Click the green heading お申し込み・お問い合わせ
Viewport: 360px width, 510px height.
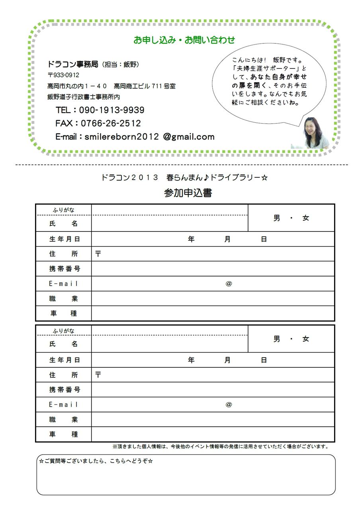[184, 40]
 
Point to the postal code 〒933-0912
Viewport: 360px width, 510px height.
[63, 75]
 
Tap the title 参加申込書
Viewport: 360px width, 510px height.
[188, 193]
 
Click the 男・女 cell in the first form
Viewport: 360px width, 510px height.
[291, 218]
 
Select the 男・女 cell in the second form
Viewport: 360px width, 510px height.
[291, 339]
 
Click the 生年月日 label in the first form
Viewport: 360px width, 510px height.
[64, 239]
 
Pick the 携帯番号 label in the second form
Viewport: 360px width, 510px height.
[64, 390]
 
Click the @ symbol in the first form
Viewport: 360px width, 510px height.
[229, 284]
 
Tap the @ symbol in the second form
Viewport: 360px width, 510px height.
[229, 404]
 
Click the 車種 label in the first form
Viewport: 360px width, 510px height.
[64, 314]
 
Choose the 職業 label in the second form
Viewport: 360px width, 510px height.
[64, 420]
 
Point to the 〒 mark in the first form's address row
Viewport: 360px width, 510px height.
[98, 254]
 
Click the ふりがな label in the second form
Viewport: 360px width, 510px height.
[64, 331]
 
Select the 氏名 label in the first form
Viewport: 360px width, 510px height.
[64, 224]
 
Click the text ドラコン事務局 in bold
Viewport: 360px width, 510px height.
[72, 64]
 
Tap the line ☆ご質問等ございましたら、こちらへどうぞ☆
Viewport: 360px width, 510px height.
[96, 461]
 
